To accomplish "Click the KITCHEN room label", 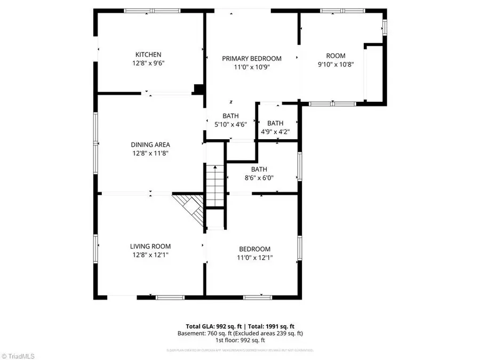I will click(148, 54).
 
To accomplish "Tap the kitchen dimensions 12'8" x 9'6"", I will click(148, 63).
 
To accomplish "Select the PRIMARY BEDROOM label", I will click(252, 59).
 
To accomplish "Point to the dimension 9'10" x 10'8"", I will click(336, 64).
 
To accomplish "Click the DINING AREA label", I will click(150, 145).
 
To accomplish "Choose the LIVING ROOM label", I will click(150, 246).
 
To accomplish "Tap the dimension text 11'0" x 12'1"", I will click(254, 258).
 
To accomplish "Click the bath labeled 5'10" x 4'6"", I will click(230, 120).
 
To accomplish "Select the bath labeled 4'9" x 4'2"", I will click(276, 127).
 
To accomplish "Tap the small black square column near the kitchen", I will click(198, 89).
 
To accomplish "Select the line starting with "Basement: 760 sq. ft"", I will click(240, 333).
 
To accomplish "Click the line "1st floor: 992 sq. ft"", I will click(240, 340).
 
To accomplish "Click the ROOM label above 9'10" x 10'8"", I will click(336, 55).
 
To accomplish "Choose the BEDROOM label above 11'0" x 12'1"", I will click(254, 249).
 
